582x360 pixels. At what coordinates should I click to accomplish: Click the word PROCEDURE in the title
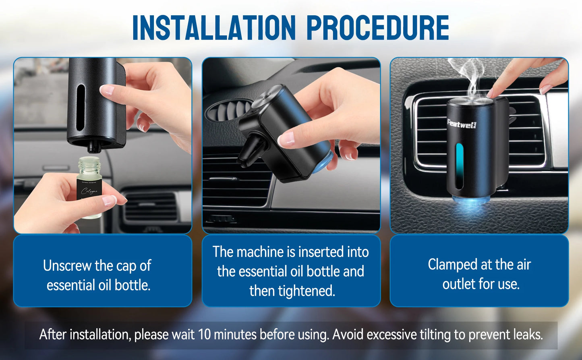377,28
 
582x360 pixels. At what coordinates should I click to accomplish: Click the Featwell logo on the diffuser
462,123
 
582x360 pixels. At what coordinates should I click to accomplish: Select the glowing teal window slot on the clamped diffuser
459,166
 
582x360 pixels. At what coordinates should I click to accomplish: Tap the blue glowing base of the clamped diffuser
470,200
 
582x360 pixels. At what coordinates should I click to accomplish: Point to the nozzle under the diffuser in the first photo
94,147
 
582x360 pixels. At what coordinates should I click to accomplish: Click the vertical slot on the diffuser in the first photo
81,108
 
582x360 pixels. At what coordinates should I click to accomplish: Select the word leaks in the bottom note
528,335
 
